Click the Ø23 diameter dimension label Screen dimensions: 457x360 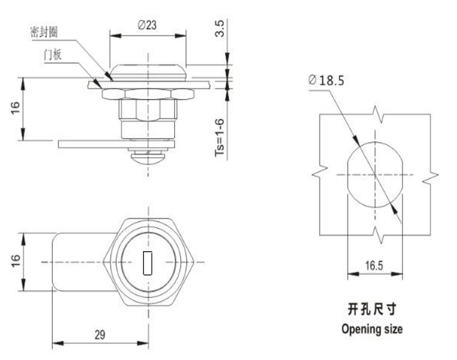[147, 25]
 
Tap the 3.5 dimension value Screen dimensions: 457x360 [220, 28]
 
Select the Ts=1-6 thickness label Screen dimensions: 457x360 [220, 137]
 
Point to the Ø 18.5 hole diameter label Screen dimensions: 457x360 [326, 80]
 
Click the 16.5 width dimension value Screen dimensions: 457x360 [374, 266]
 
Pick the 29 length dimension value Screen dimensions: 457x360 [100, 335]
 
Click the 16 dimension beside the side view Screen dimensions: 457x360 [15, 108]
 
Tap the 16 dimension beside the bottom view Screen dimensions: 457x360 [15, 260]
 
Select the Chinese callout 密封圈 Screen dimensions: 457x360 [44, 32]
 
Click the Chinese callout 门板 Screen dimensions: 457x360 [53, 55]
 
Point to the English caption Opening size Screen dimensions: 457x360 [372, 329]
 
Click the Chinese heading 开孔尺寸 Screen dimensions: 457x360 [372, 309]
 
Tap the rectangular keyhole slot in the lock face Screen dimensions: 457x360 [148, 263]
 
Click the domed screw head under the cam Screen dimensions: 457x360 [148, 157]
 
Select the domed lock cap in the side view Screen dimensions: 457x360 [148, 72]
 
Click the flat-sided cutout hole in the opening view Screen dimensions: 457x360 [375, 175]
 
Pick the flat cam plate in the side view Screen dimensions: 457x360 [116, 144]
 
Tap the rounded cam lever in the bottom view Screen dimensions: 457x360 [84, 262]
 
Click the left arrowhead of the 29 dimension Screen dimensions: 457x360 [57, 343]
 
